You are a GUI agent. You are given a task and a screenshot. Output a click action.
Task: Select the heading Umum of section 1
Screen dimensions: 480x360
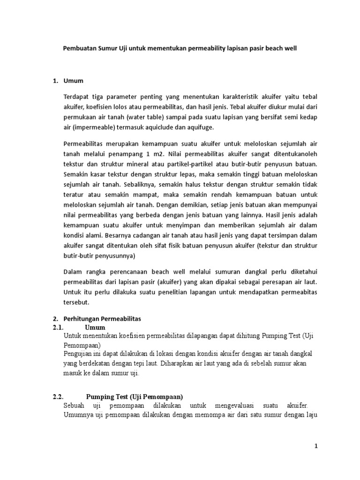[73, 81]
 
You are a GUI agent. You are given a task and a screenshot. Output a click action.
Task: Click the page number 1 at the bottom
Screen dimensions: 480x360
[316, 446]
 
